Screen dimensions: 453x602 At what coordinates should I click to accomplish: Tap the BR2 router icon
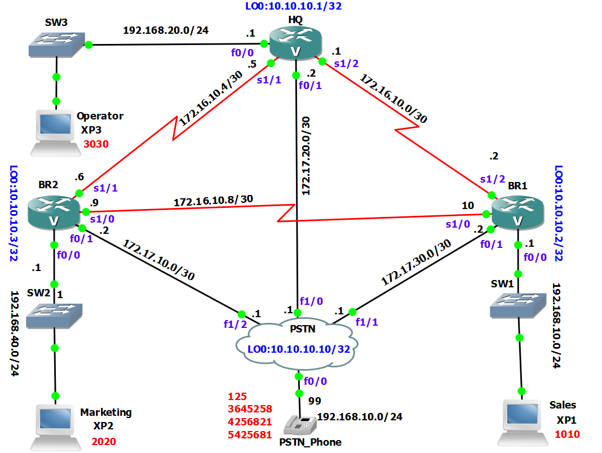[54, 212]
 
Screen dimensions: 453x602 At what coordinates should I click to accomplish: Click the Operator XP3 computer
[55, 131]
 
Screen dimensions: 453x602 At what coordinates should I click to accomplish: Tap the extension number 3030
[95, 144]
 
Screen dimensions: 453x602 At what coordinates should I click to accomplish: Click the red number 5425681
[250, 434]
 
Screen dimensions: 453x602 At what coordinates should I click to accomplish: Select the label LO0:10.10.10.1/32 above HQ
[293, 7]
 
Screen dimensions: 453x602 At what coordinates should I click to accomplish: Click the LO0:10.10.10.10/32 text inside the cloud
[299, 349]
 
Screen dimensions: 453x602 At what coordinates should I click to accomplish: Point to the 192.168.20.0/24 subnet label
[166, 30]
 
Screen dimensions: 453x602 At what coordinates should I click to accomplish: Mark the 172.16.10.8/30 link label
[213, 201]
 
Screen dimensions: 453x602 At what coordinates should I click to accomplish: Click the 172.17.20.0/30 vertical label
[306, 156]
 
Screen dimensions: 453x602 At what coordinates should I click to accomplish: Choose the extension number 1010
[567, 434]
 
